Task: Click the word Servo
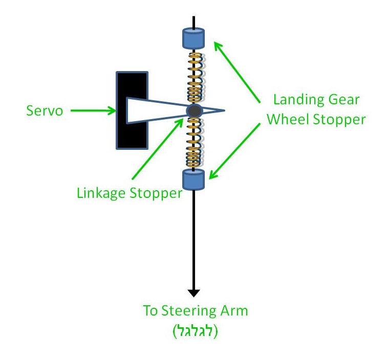click(45, 110)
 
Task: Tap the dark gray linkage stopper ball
click(194, 111)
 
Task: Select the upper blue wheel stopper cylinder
click(194, 38)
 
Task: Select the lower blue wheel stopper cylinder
click(194, 179)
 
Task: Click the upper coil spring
click(195, 77)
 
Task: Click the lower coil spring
click(194, 143)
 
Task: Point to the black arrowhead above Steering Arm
click(194, 293)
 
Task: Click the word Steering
click(189, 311)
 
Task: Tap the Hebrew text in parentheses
click(196, 331)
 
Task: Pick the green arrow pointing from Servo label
click(93, 110)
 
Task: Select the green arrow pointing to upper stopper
click(237, 72)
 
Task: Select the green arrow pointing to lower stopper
click(234, 151)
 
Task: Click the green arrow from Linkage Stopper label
click(158, 149)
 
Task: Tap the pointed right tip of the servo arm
click(225, 110)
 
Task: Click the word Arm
click(234, 311)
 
